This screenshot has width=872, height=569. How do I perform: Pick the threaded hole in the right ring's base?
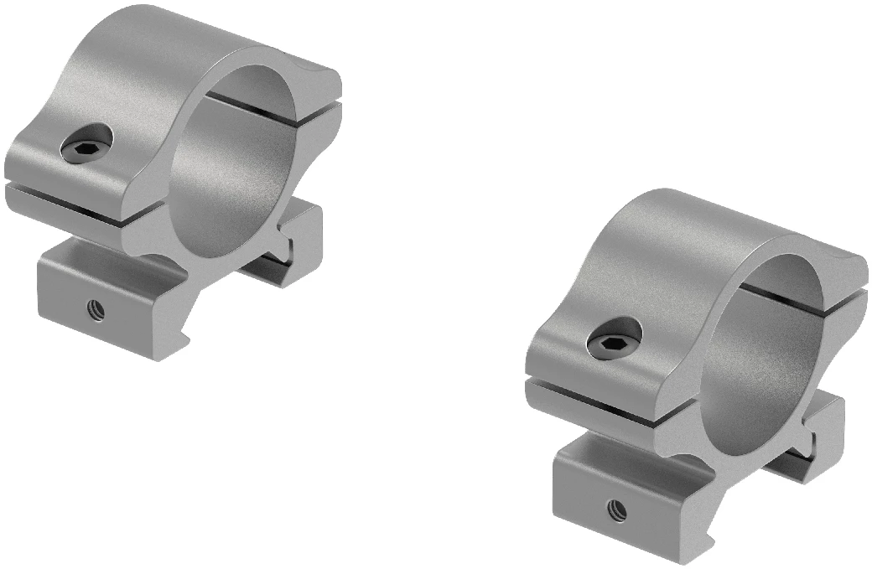[618, 506]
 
